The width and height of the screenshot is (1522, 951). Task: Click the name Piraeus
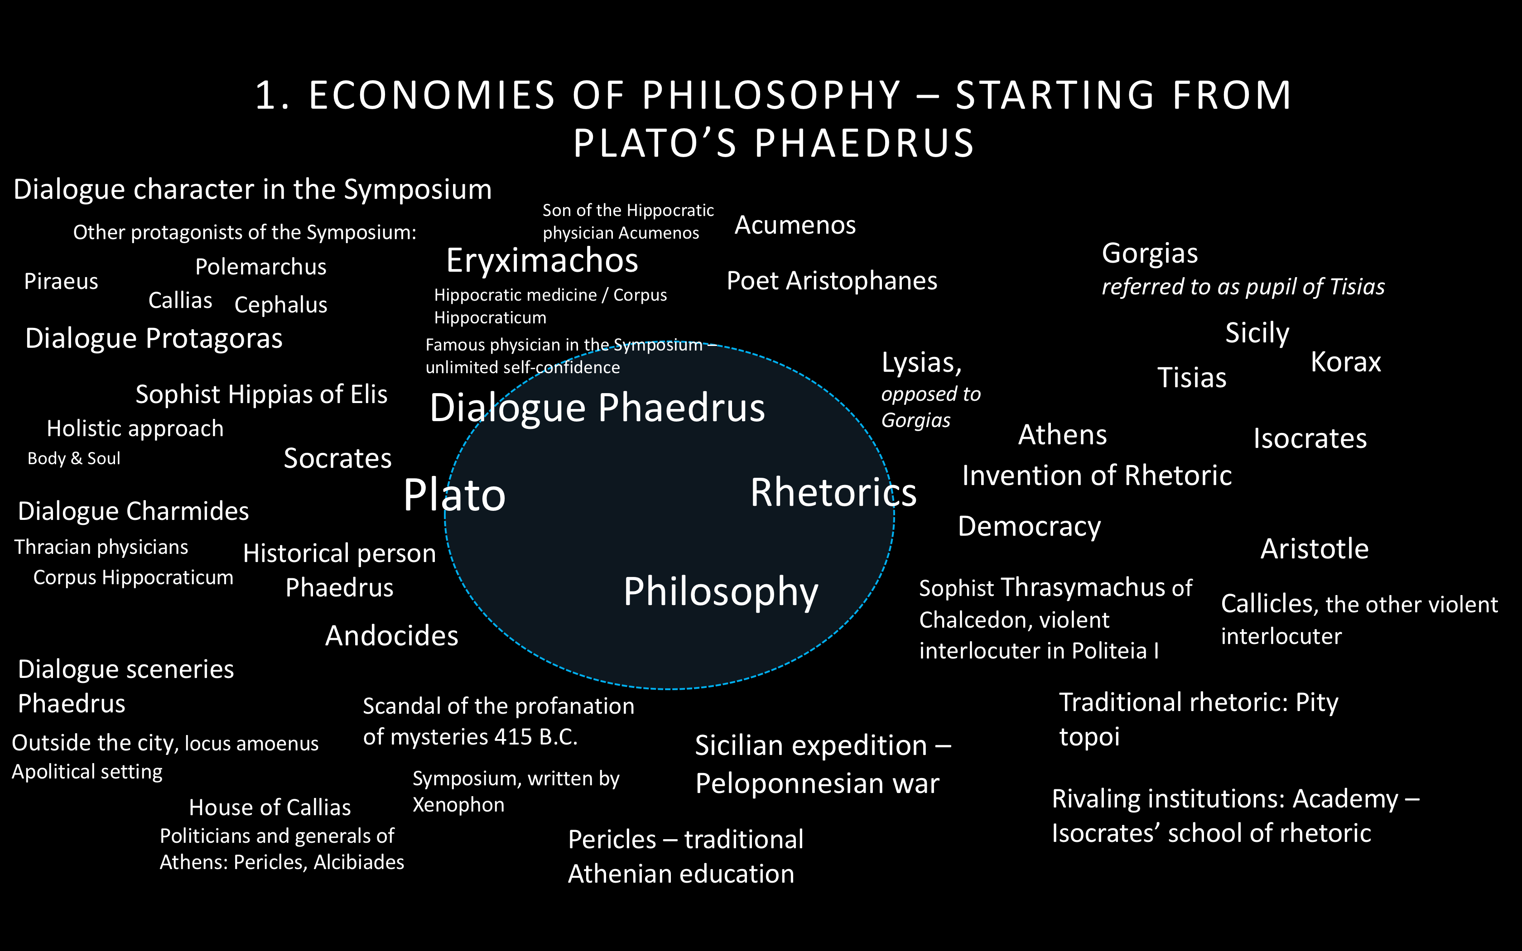pos(61,281)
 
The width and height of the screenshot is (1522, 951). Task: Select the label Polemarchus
pos(260,267)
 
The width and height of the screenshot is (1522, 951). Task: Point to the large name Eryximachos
pos(542,261)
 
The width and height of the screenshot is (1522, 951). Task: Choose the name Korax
pos(1346,362)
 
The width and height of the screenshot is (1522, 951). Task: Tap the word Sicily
pos(1257,333)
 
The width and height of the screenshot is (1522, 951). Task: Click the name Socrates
pos(338,458)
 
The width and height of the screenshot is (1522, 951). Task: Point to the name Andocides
pos(392,636)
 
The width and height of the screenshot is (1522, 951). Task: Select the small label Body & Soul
pos(73,458)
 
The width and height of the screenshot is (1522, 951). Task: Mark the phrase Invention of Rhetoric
pos(1097,475)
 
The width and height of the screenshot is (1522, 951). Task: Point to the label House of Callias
pos(270,807)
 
